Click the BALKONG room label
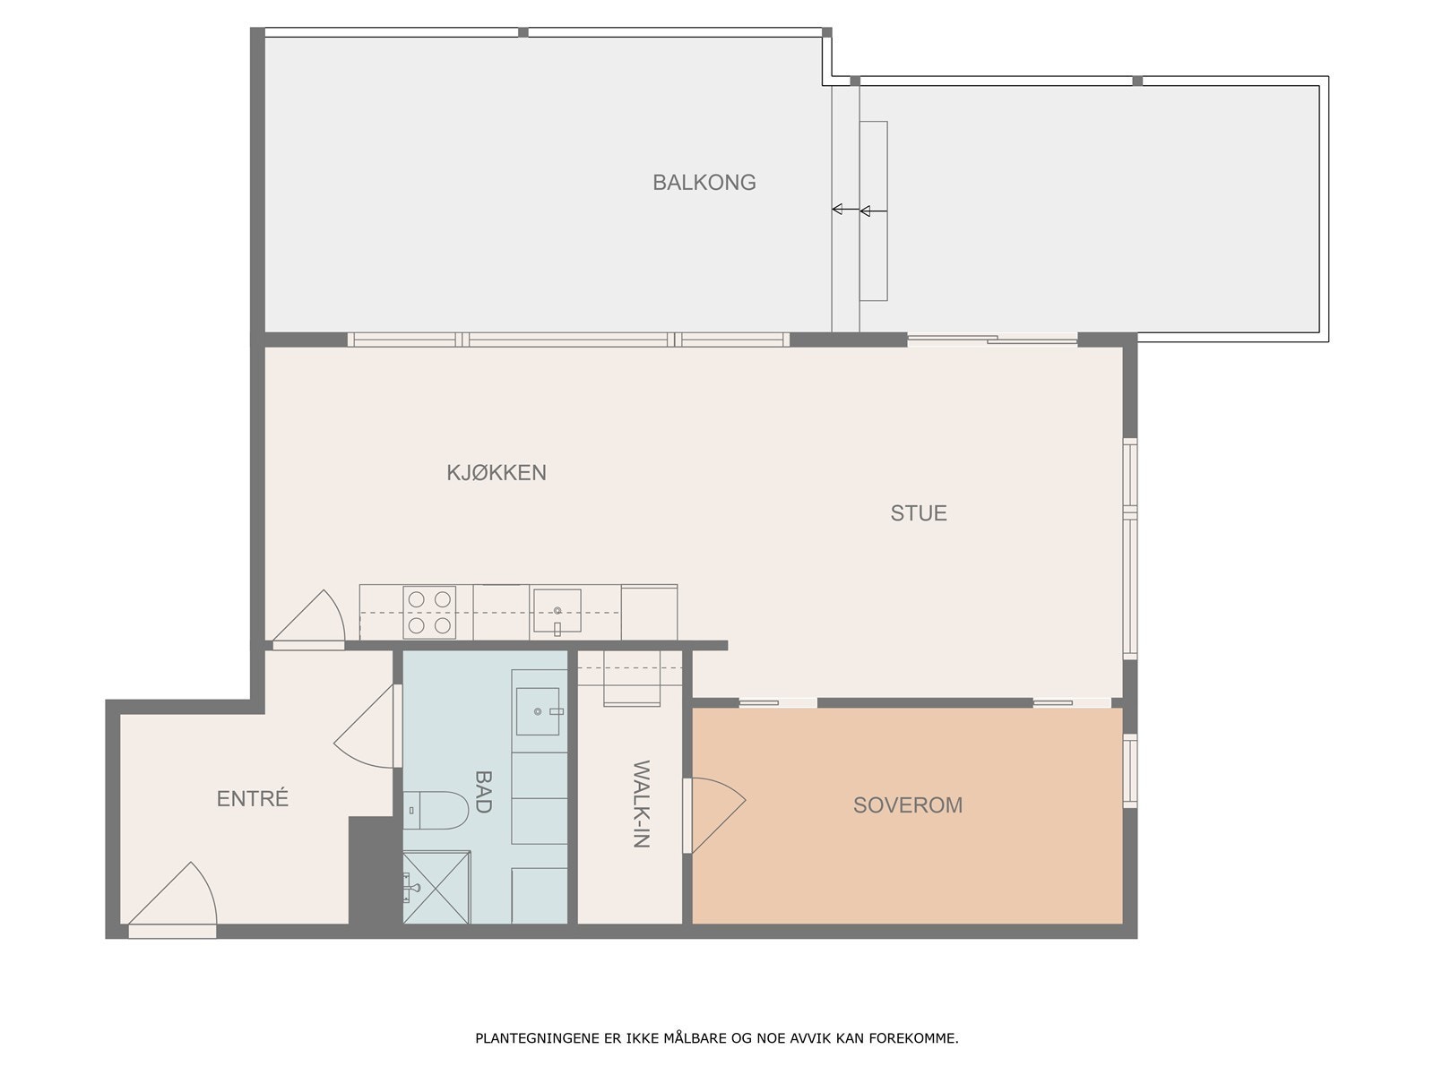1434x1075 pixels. (x=704, y=182)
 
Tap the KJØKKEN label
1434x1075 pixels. (x=497, y=473)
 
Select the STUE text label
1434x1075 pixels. (x=919, y=513)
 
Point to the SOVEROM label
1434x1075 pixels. (x=907, y=804)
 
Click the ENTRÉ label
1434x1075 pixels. (x=252, y=798)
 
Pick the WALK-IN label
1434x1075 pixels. (x=642, y=804)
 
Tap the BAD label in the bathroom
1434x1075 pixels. (x=483, y=791)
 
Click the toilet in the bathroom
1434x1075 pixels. (x=436, y=810)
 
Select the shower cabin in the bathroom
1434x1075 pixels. (x=436, y=887)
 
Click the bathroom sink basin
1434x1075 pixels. (x=538, y=710)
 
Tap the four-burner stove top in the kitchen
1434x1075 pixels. (x=429, y=612)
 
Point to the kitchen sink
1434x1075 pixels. (x=557, y=611)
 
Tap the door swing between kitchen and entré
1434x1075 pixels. (x=308, y=619)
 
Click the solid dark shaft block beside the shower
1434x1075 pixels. (x=375, y=870)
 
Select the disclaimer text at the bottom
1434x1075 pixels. (x=717, y=1037)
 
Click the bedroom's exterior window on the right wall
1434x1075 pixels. (x=1130, y=770)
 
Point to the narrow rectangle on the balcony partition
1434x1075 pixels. (x=874, y=211)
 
